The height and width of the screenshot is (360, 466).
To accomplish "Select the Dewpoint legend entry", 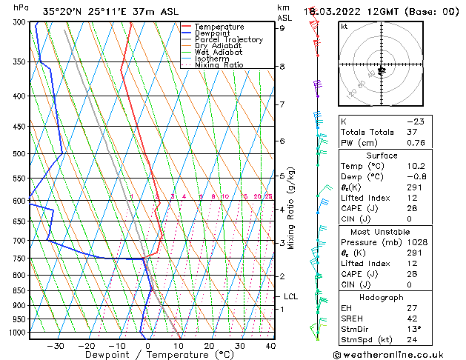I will [x=213, y=33].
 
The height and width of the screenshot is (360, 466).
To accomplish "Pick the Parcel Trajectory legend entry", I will [x=228, y=40].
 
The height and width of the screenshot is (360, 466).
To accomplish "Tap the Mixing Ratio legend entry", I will [x=219, y=65].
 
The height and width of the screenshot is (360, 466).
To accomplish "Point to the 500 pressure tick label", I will [x=19, y=154].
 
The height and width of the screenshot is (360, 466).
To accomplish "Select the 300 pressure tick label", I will [x=19, y=22].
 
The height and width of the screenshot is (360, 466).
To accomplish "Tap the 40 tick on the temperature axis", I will [x=269, y=345].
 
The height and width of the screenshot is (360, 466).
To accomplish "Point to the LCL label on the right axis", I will [x=290, y=297].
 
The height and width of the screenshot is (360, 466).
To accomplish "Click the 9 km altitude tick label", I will [x=282, y=28].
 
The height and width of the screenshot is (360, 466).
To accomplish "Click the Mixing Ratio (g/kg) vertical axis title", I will [x=292, y=208].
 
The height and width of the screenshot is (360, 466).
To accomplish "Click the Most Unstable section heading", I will [x=399, y=231].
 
